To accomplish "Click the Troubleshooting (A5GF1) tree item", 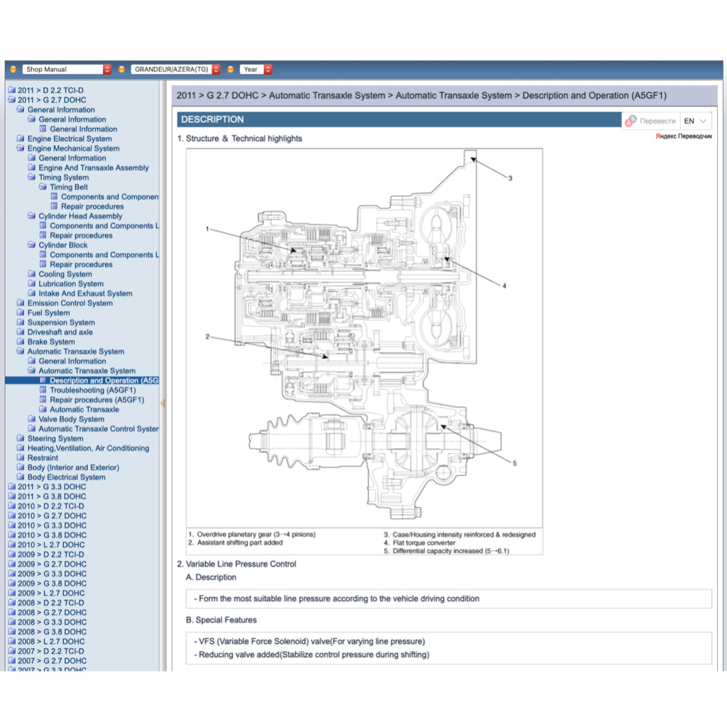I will pyautogui.click(x=92, y=390).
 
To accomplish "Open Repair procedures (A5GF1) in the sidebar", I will pyautogui.click(x=97, y=400).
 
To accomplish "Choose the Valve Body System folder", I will pyautogui.click(x=71, y=419).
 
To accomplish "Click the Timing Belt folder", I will pyautogui.click(x=69, y=187).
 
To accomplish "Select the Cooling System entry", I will pyautogui.click(x=65, y=274).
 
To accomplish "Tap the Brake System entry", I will pyautogui.click(x=51, y=341).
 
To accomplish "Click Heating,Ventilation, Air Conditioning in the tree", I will pyautogui.click(x=88, y=448).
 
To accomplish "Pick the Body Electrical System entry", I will pyautogui.click(x=66, y=477).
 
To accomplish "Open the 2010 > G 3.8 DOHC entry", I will pyautogui.click(x=52, y=535).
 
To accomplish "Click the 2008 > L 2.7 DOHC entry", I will pyautogui.click(x=50, y=641).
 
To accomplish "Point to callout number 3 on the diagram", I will pyautogui.click(x=510, y=178).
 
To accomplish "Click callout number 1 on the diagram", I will pyautogui.click(x=207, y=229).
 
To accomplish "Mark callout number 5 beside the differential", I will pyautogui.click(x=514, y=464).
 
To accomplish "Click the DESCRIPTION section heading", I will pyautogui.click(x=212, y=119).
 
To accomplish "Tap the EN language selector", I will pyautogui.click(x=695, y=121).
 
